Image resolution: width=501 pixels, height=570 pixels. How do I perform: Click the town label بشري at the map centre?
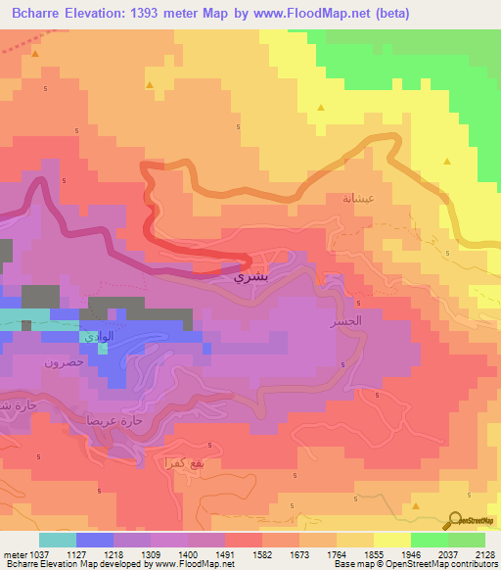(249, 277)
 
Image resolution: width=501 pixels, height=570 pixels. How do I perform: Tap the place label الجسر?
(346, 321)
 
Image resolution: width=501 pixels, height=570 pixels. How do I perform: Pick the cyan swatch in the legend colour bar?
(57, 539)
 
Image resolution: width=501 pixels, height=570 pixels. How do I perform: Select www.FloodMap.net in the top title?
(317, 13)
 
